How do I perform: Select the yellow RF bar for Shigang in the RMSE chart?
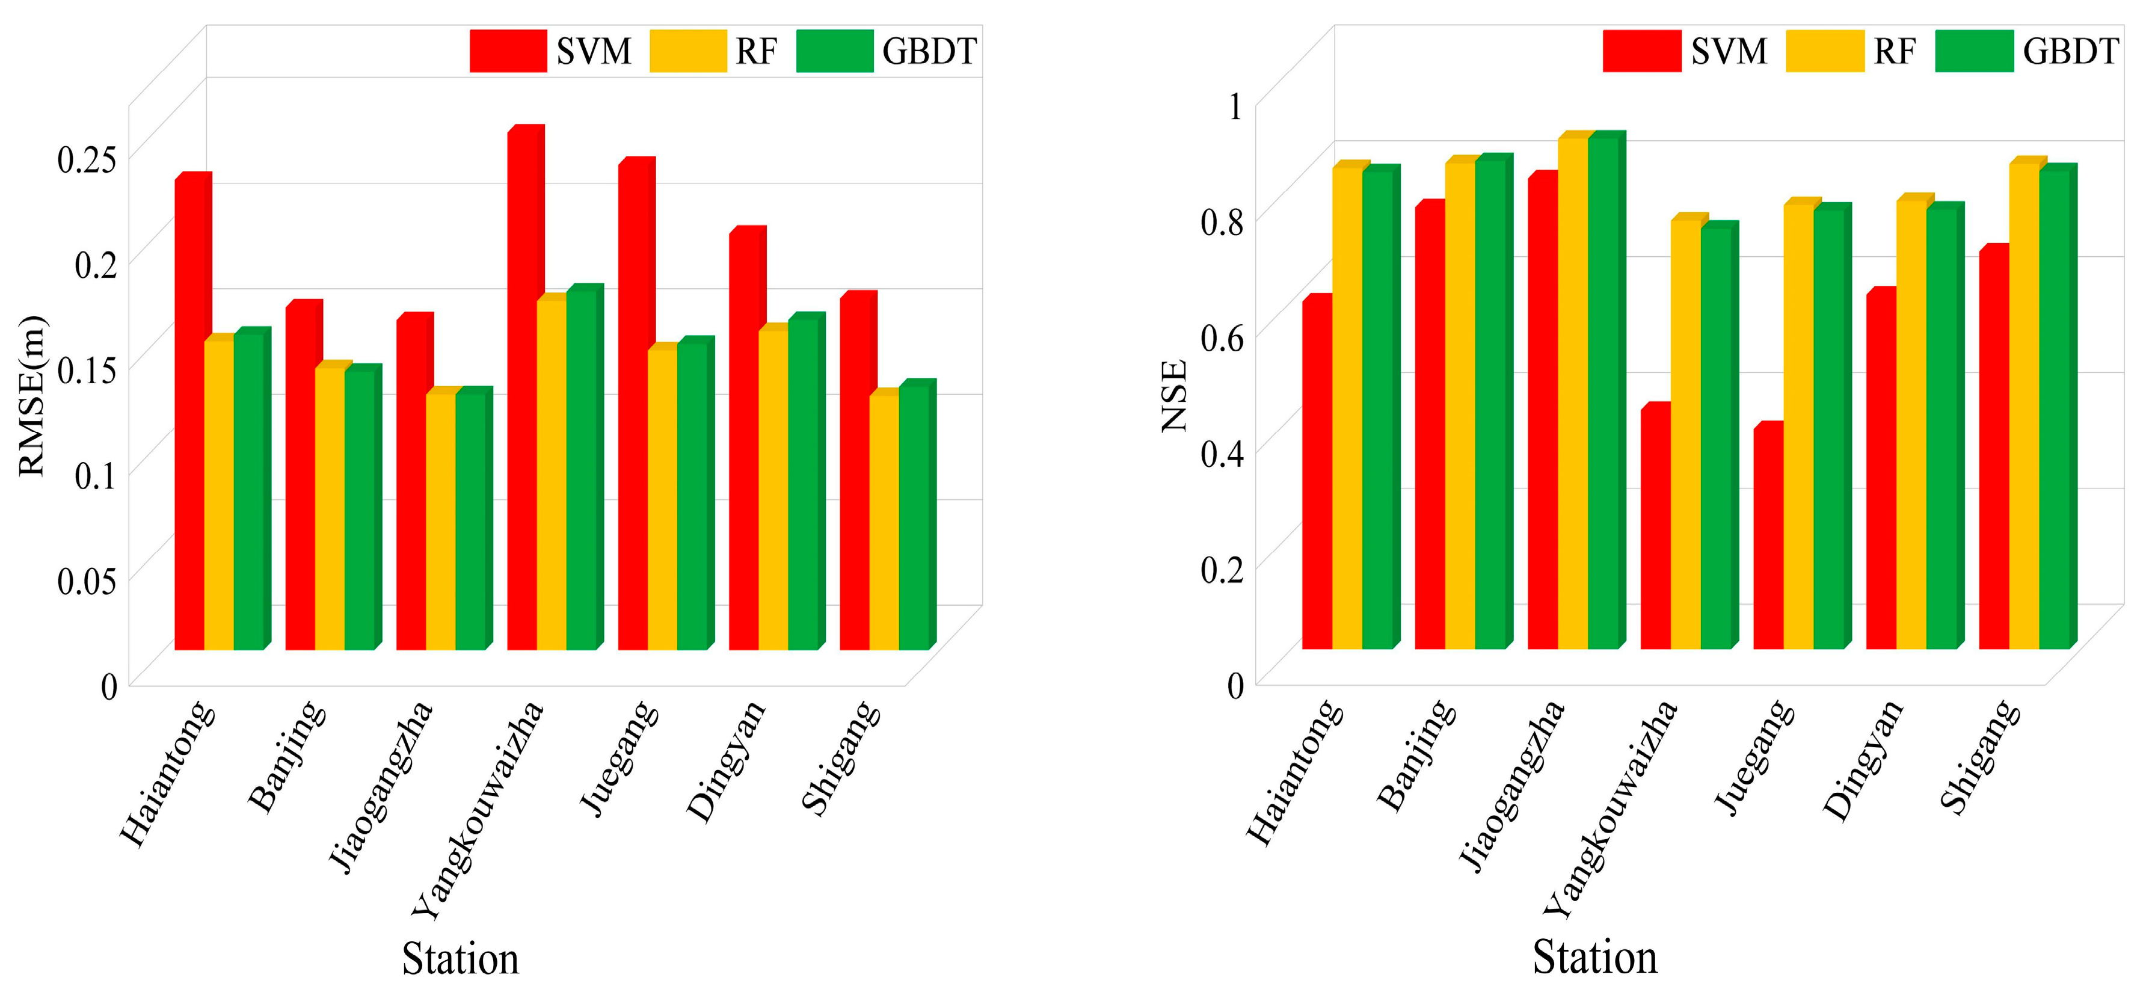884,522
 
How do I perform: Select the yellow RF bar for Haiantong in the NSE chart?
1347,409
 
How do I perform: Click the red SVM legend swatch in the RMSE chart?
508,51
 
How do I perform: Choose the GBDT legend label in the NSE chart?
2070,52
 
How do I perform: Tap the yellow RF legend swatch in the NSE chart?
1824,51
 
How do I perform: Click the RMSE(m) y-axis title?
32,396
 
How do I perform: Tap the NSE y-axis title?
1174,396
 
